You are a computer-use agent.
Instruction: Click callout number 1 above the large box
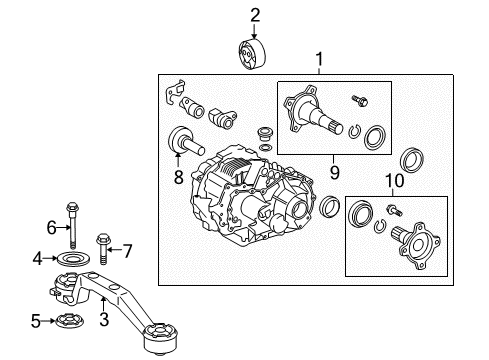point(320,59)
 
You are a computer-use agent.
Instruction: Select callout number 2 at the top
point(255,14)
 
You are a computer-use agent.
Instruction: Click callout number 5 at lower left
point(37,321)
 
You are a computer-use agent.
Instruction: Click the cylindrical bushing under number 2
point(255,54)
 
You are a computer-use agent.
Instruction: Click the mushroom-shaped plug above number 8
point(181,140)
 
